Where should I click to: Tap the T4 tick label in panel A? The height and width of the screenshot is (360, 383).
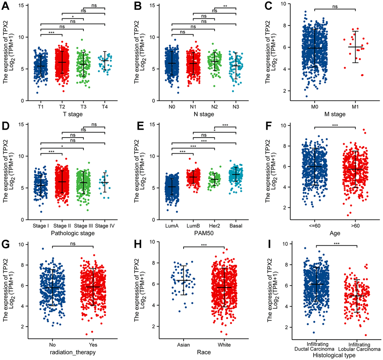105,106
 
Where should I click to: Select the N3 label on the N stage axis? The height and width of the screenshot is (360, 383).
236,106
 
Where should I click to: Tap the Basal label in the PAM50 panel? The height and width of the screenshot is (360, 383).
236,225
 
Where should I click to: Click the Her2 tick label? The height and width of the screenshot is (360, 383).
214,225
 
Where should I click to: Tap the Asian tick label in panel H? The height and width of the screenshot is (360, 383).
184,344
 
